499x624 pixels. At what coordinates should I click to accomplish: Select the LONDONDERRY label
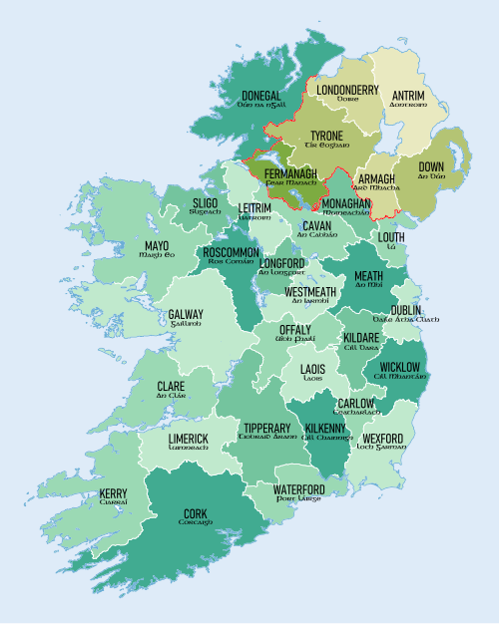pos(347,90)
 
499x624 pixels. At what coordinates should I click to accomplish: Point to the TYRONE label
pos(326,136)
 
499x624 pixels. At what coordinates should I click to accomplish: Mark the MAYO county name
pos(157,246)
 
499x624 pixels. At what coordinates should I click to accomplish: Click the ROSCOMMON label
pos(232,253)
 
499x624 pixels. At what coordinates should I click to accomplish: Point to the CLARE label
pos(170,386)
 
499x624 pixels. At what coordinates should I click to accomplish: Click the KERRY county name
pos(113,493)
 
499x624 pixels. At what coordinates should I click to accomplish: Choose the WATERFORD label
pos(298,489)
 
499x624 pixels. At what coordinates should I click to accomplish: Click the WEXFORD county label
pos(384,439)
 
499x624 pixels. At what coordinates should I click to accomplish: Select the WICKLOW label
pos(397,368)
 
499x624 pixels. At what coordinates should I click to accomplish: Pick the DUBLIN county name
pos(405,311)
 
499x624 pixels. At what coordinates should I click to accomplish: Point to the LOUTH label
pos(391,236)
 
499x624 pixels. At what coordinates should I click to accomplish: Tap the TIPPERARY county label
pos(266,429)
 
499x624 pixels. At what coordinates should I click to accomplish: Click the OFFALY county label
pos(294,330)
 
